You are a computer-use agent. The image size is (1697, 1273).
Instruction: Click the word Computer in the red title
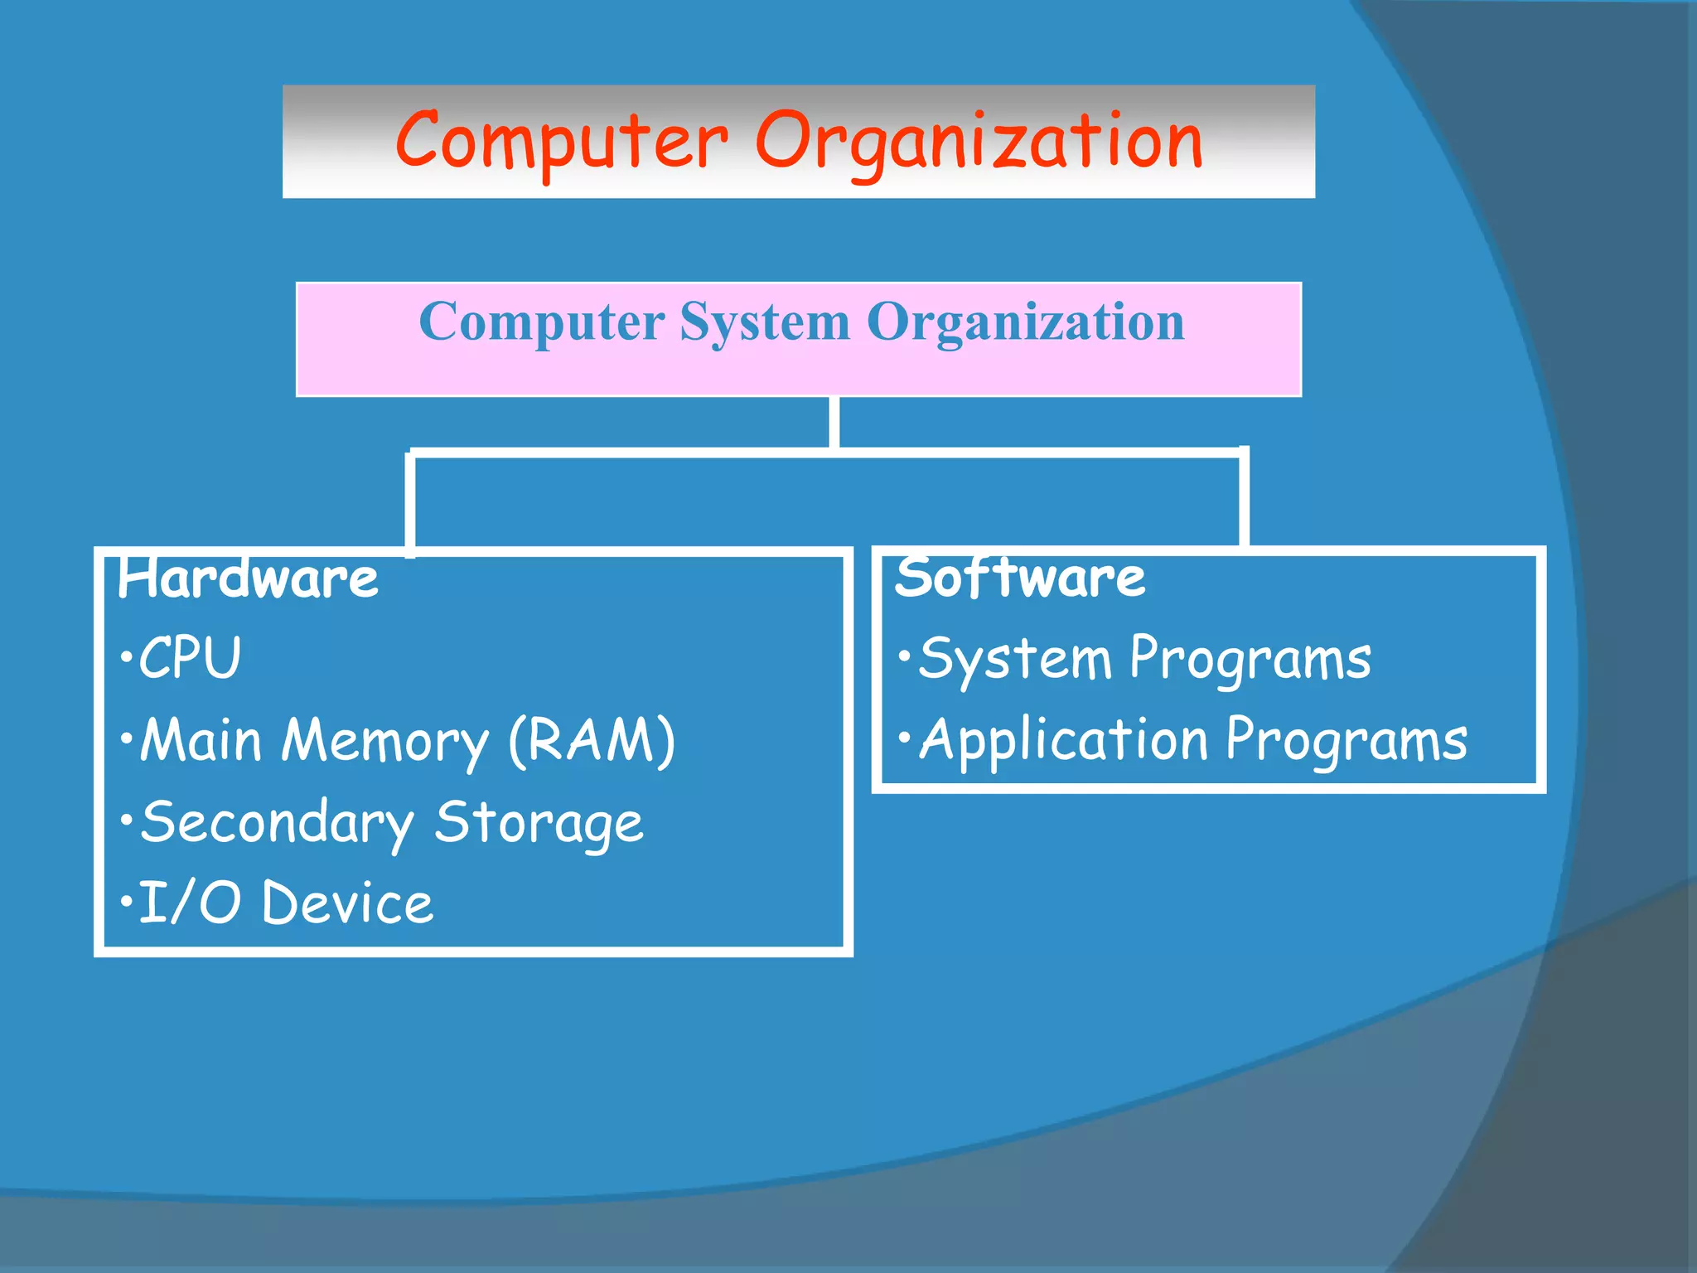click(x=561, y=141)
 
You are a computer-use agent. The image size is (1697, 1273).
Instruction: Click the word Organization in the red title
click(x=979, y=141)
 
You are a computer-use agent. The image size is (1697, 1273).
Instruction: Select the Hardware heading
click(x=248, y=578)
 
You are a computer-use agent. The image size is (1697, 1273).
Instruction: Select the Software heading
click(x=1020, y=578)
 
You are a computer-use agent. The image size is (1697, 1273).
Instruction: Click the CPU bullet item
click(x=189, y=658)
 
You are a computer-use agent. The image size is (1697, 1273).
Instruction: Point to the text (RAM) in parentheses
click(x=592, y=740)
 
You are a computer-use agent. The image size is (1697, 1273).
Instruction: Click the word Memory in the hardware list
click(x=385, y=740)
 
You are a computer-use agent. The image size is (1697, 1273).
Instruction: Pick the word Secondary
click(x=277, y=822)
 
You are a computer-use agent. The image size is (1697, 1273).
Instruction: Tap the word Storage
click(x=539, y=822)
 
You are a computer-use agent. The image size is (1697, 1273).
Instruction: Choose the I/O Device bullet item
click(x=285, y=903)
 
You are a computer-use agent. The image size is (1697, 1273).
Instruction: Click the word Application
click(x=1064, y=740)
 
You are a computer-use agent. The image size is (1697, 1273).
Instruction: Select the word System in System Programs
click(x=1015, y=660)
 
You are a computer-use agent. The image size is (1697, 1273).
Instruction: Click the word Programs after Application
click(x=1346, y=740)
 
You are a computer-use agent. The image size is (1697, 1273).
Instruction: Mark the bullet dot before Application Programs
click(x=905, y=737)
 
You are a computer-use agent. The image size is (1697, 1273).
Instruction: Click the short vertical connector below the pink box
click(x=834, y=423)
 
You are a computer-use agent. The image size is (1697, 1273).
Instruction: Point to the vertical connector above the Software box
click(x=1244, y=497)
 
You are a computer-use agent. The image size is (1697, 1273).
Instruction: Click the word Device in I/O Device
click(x=347, y=903)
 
